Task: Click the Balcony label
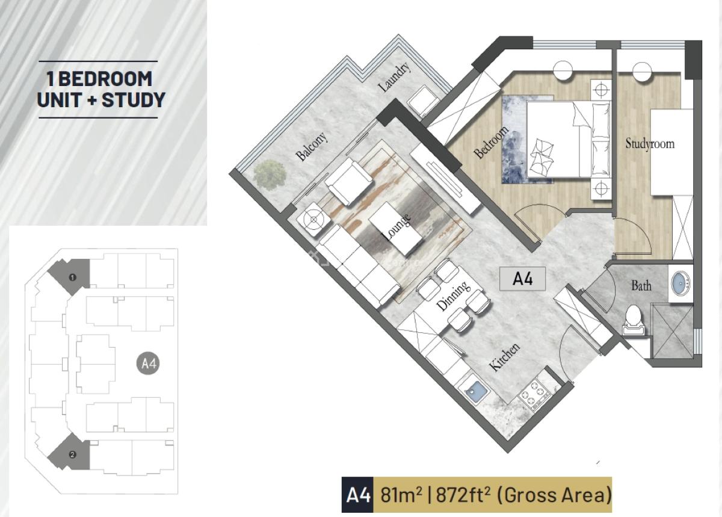[312, 146]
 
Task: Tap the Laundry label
[394, 77]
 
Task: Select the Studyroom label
[650, 143]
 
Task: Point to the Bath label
[641, 285]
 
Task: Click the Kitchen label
[504, 356]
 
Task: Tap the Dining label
[452, 296]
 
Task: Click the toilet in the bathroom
[634, 320]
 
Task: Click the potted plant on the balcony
[270, 175]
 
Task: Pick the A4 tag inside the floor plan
[522, 279]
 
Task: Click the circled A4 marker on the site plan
[148, 364]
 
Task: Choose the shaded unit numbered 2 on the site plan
[70, 451]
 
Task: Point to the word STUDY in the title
[134, 100]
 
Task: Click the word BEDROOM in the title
[105, 78]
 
